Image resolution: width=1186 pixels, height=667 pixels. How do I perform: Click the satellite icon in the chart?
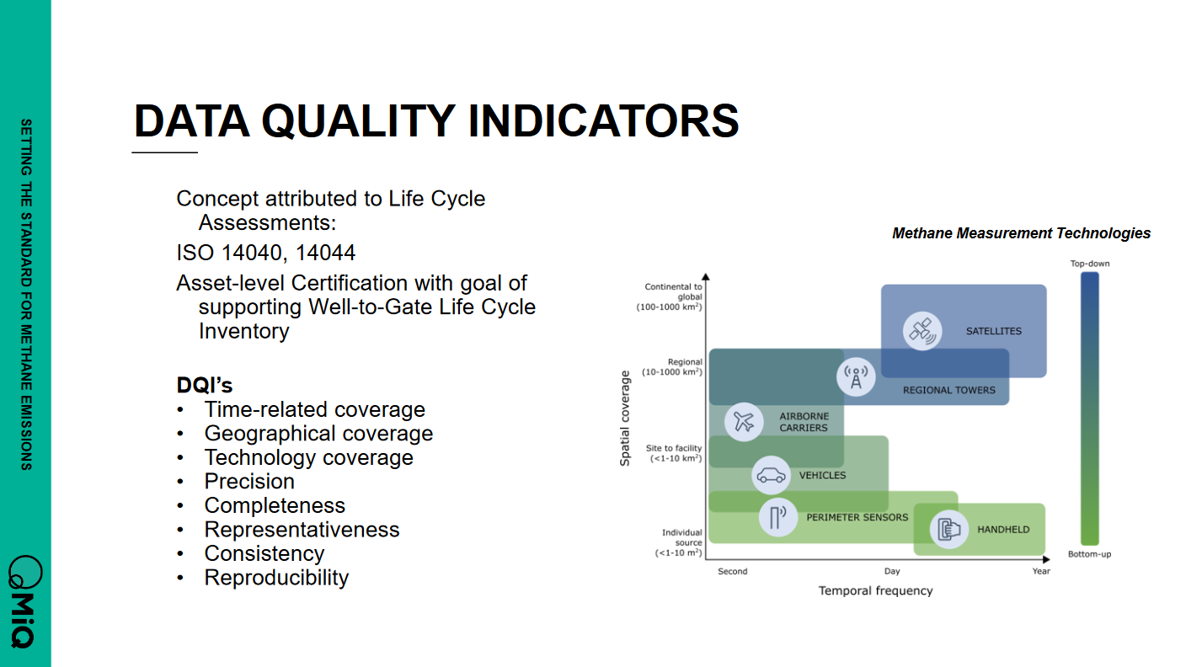coord(922,331)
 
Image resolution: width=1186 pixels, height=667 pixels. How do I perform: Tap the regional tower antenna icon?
coord(856,377)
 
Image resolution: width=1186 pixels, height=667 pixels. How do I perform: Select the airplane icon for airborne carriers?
coord(744,422)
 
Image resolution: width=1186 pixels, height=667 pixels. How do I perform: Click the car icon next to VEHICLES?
coord(771,475)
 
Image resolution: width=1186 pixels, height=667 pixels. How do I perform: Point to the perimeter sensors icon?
coord(778,517)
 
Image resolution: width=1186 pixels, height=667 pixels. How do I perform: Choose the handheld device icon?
coord(949,529)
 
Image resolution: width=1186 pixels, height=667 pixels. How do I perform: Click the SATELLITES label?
coord(994,331)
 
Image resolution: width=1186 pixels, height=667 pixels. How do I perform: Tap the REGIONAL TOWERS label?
coord(949,390)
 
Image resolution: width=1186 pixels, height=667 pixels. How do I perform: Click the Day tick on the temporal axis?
coord(892,571)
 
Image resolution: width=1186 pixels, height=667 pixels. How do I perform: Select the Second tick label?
coord(733,571)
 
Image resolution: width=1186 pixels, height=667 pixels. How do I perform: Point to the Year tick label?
coord(1041,571)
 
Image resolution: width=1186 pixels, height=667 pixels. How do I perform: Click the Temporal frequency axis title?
coord(876,590)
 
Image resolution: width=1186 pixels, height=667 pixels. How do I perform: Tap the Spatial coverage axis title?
coord(625,419)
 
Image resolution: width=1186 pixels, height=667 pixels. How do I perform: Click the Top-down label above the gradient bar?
coord(1090,264)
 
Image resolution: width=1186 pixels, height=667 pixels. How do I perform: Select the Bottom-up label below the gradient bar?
coord(1090,554)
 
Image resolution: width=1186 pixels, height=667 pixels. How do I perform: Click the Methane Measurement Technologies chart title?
coord(1022,233)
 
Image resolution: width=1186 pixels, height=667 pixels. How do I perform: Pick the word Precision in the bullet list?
coord(249,481)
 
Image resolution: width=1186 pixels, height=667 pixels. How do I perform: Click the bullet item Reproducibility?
coord(276,578)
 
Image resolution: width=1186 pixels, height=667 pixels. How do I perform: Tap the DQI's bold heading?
coord(205,385)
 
